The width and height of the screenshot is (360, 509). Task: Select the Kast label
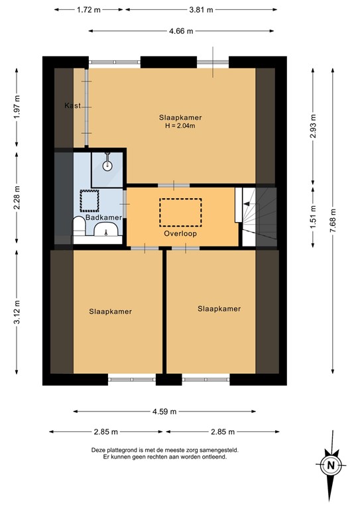pos(73,106)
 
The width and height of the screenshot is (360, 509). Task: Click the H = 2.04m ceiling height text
pos(180,126)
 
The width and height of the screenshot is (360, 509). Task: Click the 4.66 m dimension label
pos(180,31)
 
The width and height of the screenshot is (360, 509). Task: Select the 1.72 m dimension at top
pos(88,10)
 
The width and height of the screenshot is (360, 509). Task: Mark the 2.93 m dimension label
pos(312,124)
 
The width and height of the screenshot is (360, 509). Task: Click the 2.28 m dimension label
pos(18,200)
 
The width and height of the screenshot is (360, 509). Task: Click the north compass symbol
pos(330,465)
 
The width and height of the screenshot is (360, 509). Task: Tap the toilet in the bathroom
pos(78,226)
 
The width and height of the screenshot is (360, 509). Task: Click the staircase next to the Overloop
pos(257,216)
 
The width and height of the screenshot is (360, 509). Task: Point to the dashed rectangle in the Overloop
pos(180,212)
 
